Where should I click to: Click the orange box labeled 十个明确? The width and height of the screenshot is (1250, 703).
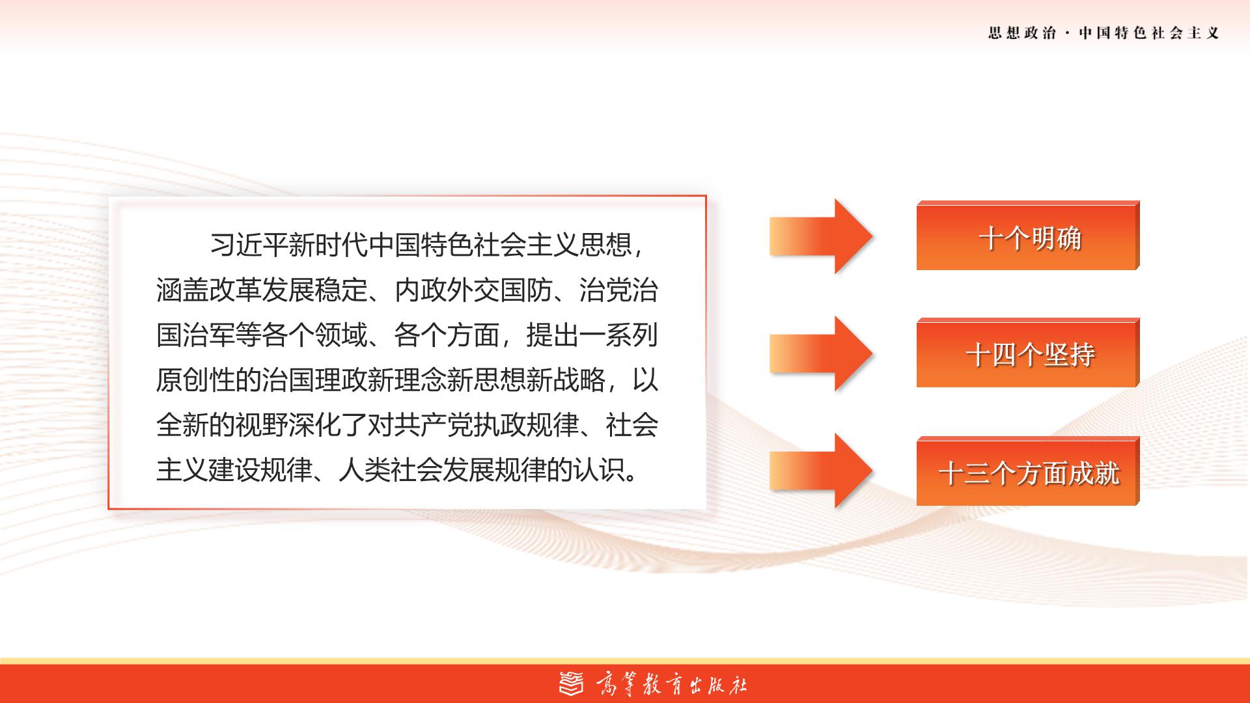coord(1028,236)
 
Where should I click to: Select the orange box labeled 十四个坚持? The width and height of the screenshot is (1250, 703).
coord(1028,353)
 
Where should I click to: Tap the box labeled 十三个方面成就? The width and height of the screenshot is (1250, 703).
coord(1028,471)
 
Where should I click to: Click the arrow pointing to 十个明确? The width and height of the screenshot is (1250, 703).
coord(821,236)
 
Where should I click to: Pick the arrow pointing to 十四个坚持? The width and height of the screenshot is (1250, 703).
coord(821,353)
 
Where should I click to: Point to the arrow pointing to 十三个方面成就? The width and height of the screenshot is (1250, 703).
coord(821,471)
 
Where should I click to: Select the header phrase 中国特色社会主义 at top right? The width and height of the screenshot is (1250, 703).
coord(1148,33)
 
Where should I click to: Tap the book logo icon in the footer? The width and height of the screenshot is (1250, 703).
coord(572,683)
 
